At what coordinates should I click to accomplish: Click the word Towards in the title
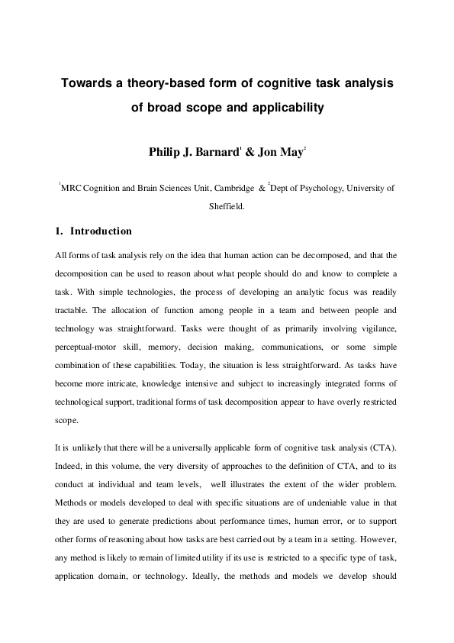coord(86,82)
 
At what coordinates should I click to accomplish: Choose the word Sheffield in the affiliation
coord(227,205)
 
